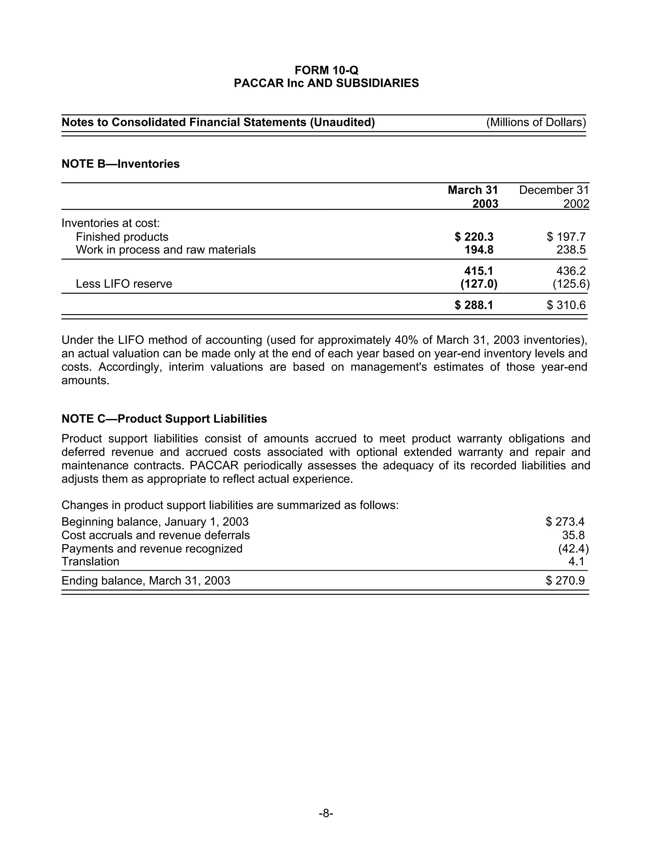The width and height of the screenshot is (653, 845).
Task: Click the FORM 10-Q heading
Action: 326,70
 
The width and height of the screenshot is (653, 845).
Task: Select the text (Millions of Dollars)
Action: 536,122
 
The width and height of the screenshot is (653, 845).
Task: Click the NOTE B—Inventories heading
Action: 120,164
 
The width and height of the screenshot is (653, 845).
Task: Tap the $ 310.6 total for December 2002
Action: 566,305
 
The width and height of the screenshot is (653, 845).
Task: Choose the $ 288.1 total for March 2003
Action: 474,305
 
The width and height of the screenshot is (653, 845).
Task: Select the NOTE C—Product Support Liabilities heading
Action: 164,419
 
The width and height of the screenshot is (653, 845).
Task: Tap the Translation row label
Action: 90,562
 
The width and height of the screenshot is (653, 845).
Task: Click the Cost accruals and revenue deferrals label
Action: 156,535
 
